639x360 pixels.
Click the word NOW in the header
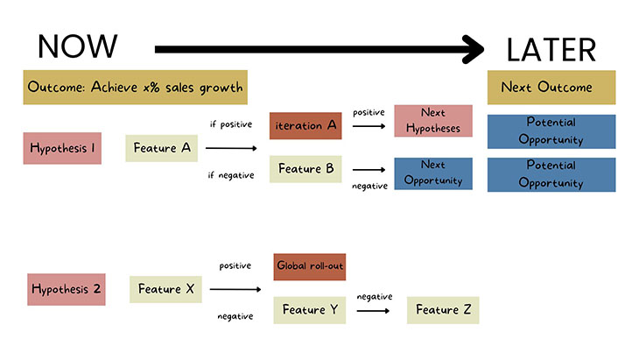(78, 46)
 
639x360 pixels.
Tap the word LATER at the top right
(551, 50)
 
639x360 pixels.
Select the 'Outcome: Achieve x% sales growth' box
(135, 88)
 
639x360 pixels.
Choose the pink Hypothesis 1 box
(63, 148)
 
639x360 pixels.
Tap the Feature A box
(162, 148)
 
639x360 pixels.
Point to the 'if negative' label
(231, 175)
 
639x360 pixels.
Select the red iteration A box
(305, 125)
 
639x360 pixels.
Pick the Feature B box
(305, 168)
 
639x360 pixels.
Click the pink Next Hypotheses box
(432, 121)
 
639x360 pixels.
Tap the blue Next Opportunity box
(432, 173)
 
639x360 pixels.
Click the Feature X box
(165, 288)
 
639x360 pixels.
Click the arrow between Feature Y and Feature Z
(374, 311)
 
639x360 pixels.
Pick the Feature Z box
(443, 310)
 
